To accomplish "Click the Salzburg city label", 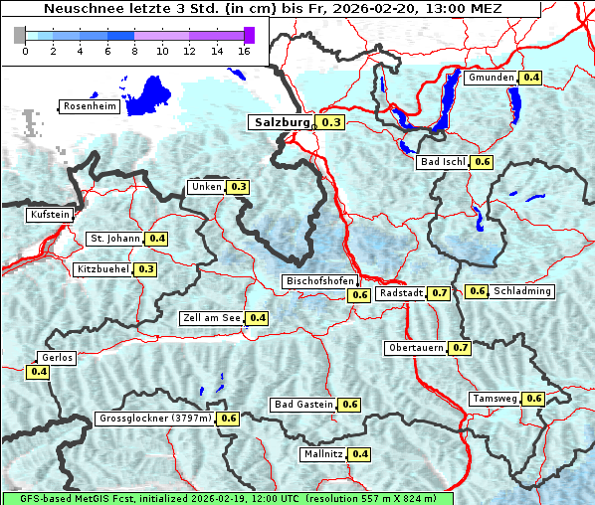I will click(281, 122).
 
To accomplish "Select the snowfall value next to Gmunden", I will click(531, 78).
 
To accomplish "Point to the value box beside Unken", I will click(239, 187).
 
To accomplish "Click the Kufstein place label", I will click(50, 215).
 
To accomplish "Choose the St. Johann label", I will click(114, 239).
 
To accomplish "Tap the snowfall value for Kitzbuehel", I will click(146, 269).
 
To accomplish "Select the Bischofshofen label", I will click(319, 282).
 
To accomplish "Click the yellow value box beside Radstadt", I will click(440, 293).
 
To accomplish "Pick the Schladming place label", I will click(522, 291).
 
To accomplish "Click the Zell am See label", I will click(212, 318).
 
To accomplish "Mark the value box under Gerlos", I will click(39, 372).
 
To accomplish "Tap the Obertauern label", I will click(416, 348).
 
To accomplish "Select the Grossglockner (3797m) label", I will click(155, 419).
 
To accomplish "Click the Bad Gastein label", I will click(303, 405).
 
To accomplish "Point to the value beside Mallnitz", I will click(360, 454).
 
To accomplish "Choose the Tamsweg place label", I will click(495, 399).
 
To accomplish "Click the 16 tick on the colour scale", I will click(244, 51).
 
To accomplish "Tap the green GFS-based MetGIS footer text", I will click(228, 498).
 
